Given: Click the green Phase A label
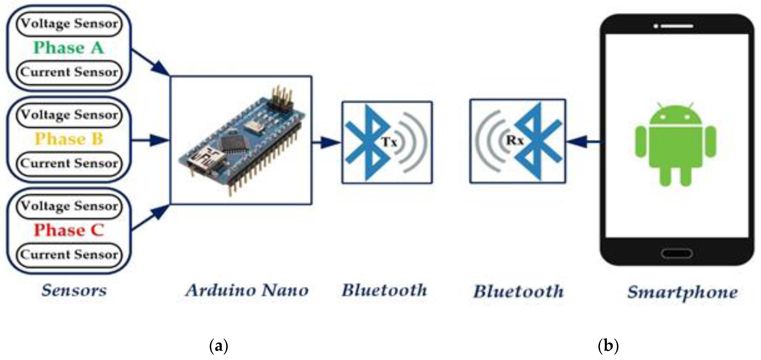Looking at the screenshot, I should coord(69,48).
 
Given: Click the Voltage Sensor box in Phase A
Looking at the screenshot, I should coord(69,24).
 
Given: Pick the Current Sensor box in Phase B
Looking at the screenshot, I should coord(69,163).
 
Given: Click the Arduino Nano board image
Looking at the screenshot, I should coord(241,140).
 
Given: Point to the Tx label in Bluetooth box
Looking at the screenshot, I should coord(390,142).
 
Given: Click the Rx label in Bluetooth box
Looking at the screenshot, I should coord(515,140).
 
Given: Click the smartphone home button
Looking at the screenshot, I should coord(677,253).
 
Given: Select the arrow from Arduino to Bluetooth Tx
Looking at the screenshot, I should coord(326,142).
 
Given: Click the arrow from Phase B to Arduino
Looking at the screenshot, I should coord(151,140).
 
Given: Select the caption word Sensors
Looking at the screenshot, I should coord(74,291).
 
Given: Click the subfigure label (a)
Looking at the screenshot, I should coord(219,346).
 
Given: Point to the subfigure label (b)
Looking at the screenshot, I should coord(608,346).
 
